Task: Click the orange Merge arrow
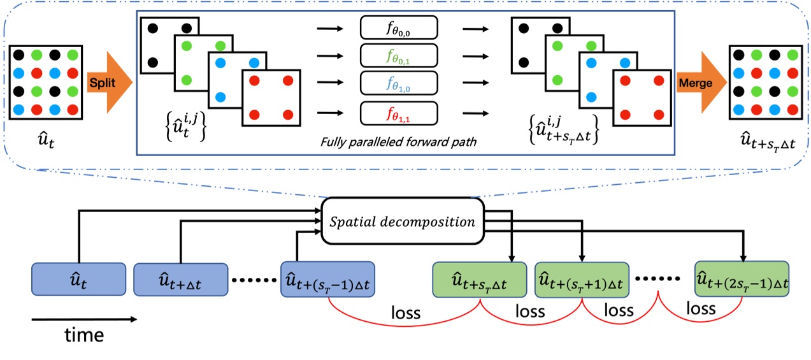pyautogui.click(x=698, y=83)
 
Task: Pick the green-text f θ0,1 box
pyautogui.click(x=399, y=56)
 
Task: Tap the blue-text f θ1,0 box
pyautogui.click(x=399, y=84)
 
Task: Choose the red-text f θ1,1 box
pyautogui.click(x=399, y=113)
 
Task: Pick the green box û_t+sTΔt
pyautogui.click(x=480, y=280)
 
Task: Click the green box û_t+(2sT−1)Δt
pyautogui.click(x=742, y=280)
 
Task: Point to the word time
pyautogui.click(x=84, y=335)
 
